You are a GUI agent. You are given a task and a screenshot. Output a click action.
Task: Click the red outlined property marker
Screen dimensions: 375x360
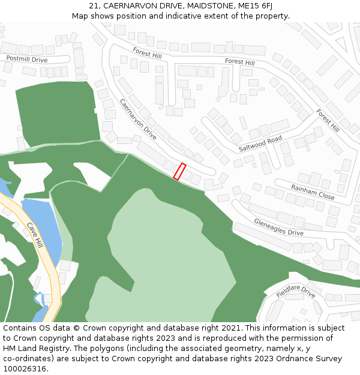click(179, 172)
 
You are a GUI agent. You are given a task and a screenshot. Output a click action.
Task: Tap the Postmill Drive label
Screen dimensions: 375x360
click(27, 59)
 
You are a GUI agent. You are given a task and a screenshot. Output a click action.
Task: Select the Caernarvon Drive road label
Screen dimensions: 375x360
click(138, 119)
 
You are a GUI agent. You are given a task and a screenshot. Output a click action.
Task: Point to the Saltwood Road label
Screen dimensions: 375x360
click(260, 143)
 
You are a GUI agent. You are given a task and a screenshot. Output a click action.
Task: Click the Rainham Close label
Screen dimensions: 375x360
click(313, 192)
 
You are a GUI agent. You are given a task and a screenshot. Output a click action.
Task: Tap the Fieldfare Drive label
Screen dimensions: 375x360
click(296, 292)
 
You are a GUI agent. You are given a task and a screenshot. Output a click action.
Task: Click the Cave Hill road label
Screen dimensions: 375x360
click(35, 236)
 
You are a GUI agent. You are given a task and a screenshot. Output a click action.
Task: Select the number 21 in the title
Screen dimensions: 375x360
click(94, 5)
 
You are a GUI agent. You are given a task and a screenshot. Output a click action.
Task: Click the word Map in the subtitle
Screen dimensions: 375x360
click(80, 16)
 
